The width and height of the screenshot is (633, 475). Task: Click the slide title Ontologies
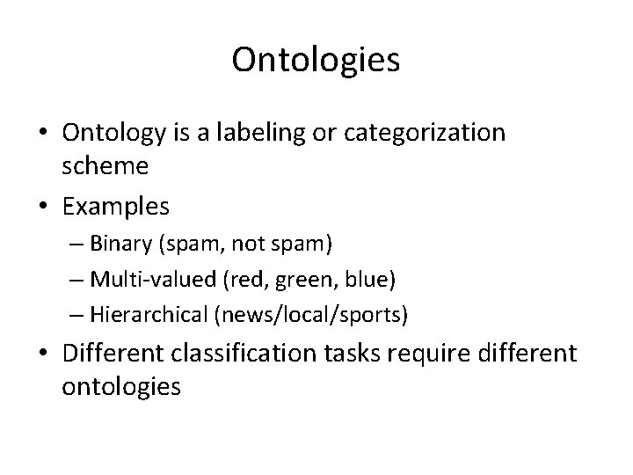click(x=316, y=61)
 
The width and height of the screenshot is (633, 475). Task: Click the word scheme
click(x=105, y=165)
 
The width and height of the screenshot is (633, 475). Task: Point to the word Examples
click(x=115, y=207)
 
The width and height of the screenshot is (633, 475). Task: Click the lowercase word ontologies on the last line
click(x=121, y=387)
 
